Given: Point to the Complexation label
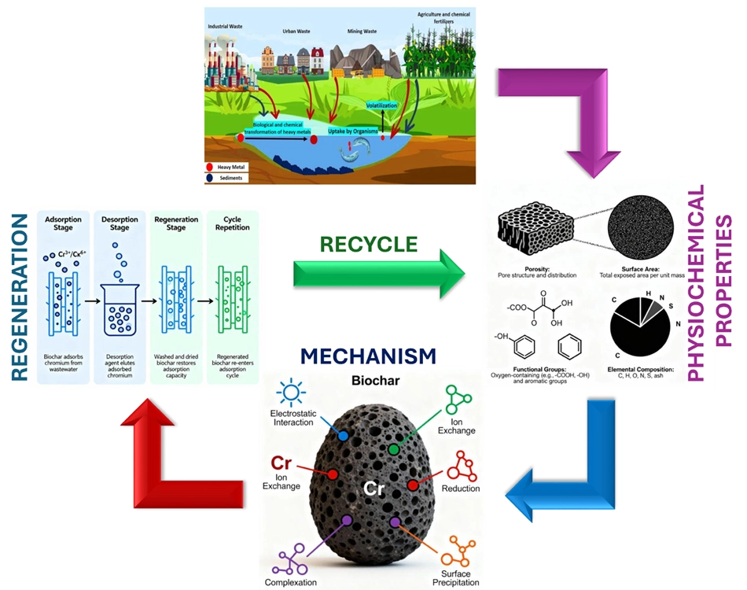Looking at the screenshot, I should [291, 583].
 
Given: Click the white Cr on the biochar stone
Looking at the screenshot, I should [373, 489].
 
